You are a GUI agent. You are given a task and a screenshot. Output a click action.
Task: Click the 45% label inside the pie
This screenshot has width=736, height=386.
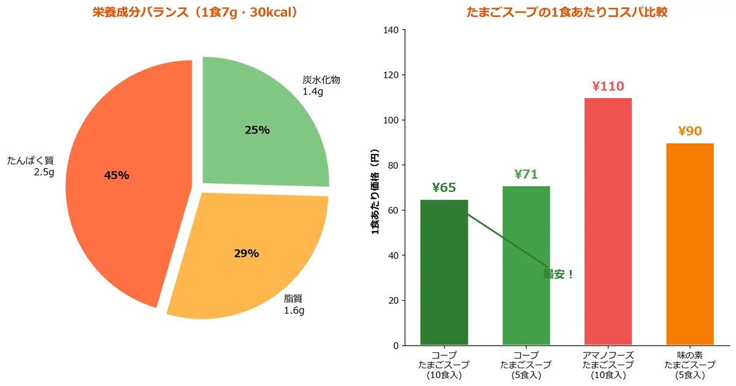click(117, 176)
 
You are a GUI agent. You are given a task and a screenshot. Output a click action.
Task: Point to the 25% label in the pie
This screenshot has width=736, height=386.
click(257, 130)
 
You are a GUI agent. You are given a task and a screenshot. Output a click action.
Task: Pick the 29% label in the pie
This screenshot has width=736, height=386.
click(247, 254)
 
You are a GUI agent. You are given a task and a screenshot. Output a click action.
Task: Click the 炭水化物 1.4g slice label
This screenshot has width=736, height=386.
click(320, 86)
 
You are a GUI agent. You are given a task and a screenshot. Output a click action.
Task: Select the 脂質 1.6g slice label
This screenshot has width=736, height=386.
click(294, 305)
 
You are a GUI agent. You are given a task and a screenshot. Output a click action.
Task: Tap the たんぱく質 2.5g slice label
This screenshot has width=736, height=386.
click(31, 166)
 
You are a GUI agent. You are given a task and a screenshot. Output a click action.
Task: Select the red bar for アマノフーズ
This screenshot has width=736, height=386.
click(608, 221)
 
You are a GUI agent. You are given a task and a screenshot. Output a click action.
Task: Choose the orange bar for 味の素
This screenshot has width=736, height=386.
click(690, 245)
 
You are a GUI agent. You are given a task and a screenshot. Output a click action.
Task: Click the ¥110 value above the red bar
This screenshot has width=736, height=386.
click(608, 86)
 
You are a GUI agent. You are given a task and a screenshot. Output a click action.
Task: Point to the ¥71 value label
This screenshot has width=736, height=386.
click(526, 175)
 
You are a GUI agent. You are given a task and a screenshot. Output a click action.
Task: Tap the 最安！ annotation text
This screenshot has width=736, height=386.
click(558, 274)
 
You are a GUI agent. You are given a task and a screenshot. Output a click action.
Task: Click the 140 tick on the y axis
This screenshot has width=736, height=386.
click(391, 30)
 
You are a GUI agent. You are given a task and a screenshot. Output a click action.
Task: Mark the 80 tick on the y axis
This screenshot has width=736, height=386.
click(393, 165)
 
